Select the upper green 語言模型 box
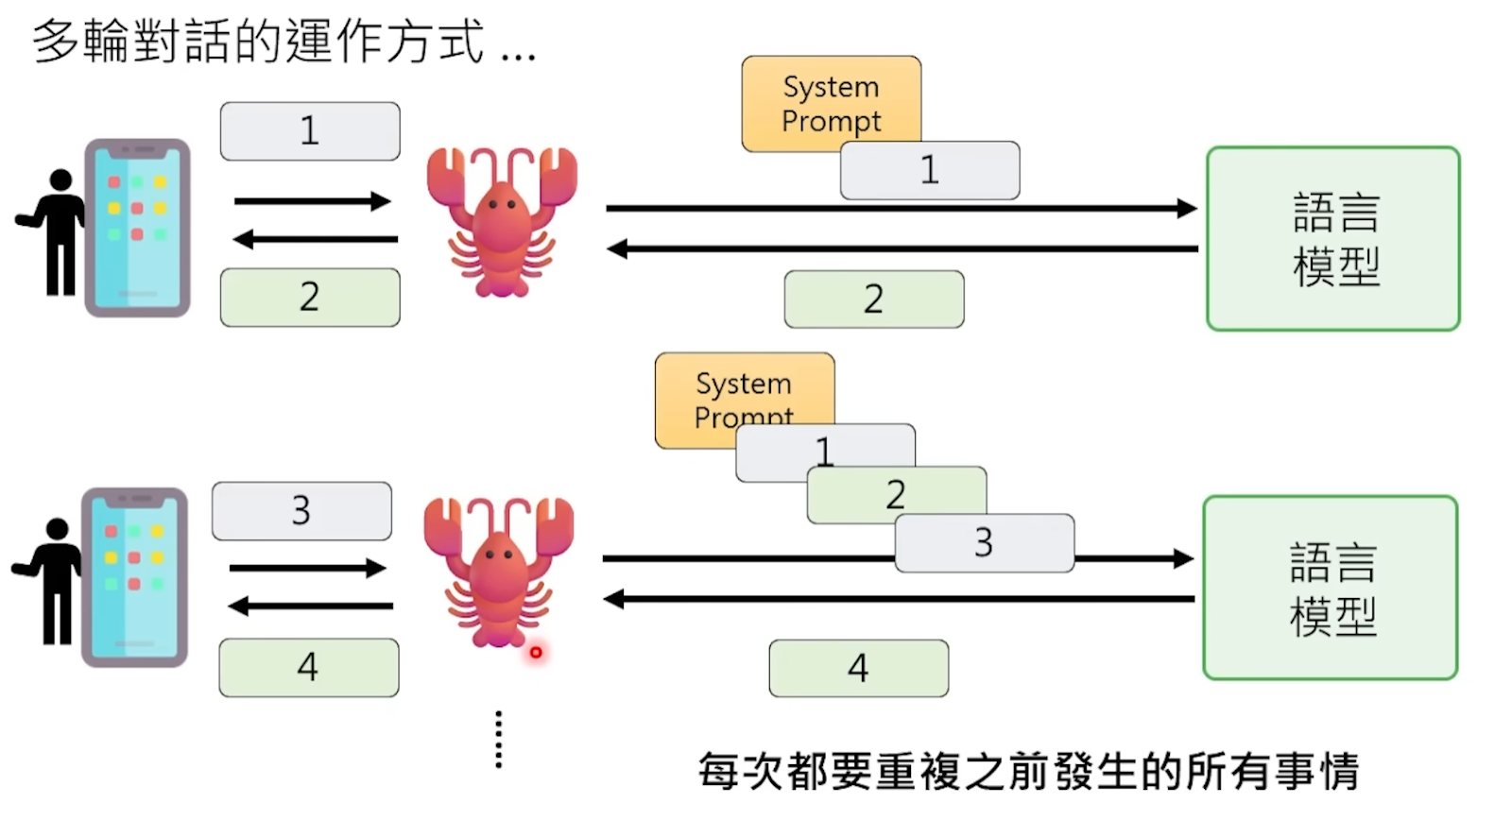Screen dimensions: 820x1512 tap(1333, 238)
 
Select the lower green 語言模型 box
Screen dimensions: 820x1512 tap(1331, 588)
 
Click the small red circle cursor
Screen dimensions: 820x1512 tap(536, 652)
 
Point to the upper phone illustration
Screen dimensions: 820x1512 tap(138, 228)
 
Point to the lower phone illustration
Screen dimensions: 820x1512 tap(134, 577)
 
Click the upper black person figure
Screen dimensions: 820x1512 tap(56, 231)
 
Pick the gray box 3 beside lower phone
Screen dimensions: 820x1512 tap(301, 511)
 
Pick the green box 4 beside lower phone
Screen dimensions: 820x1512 tap(308, 668)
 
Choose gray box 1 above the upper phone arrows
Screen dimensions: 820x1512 tap(310, 131)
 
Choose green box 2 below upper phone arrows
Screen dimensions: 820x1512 tap(310, 298)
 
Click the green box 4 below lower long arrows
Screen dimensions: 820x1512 tap(858, 669)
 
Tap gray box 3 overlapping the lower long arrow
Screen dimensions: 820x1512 tap(984, 543)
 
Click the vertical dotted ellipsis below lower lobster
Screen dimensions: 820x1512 tap(499, 740)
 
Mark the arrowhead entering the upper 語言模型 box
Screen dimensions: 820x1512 tap(1187, 208)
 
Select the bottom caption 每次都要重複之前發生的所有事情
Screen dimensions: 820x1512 tap(1028, 772)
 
